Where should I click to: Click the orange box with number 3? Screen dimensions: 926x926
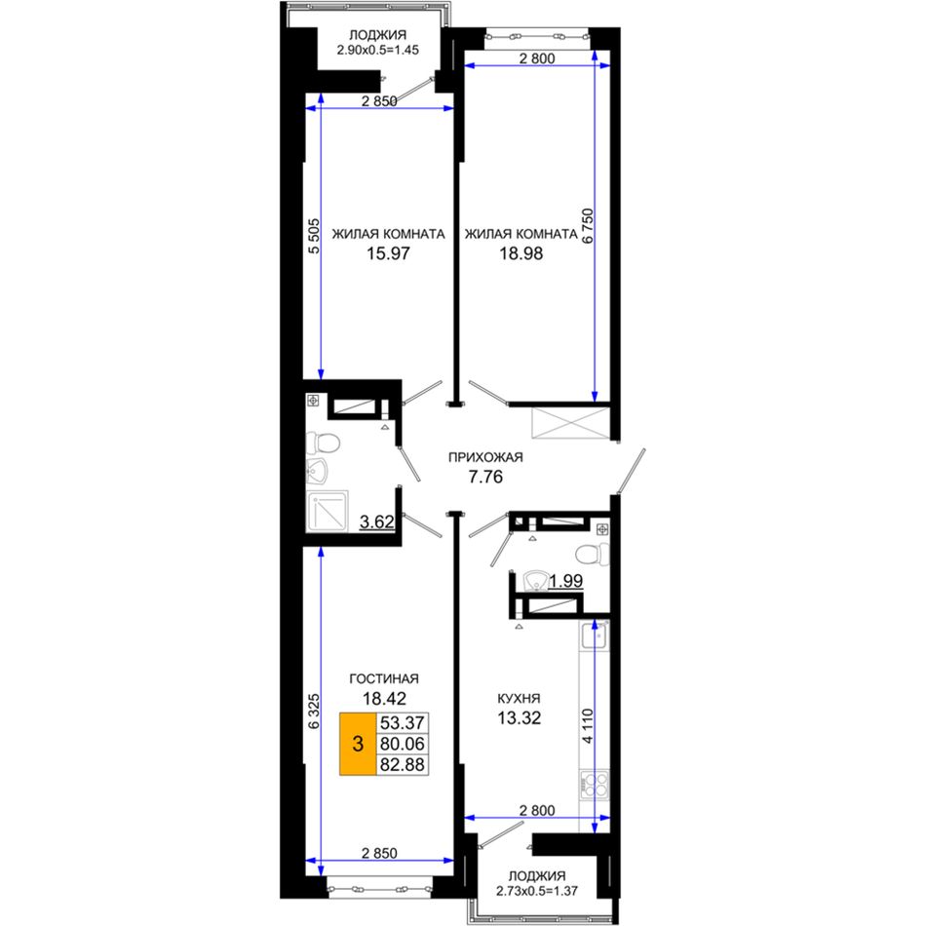click(x=358, y=744)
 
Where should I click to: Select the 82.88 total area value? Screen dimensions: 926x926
click(x=403, y=765)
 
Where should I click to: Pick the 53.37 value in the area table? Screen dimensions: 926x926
click(x=403, y=723)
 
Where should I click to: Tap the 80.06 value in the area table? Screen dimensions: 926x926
click(x=403, y=744)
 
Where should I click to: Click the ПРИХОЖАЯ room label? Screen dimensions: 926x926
click(x=485, y=457)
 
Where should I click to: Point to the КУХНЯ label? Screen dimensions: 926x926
click(x=519, y=699)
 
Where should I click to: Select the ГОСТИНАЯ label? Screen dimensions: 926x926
click(x=384, y=678)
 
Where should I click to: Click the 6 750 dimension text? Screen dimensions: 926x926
click(x=587, y=226)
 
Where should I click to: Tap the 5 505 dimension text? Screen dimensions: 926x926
click(x=314, y=236)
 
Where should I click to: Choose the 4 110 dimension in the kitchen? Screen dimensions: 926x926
click(x=587, y=726)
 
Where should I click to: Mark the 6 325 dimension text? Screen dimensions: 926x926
click(x=314, y=711)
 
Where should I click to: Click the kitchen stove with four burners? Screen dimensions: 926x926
click(x=595, y=785)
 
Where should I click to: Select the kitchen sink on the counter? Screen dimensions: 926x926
click(x=595, y=636)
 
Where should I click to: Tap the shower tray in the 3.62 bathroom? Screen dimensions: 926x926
click(x=328, y=510)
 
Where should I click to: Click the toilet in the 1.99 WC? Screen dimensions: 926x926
click(x=592, y=554)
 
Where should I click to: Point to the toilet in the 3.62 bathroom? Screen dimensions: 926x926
click(x=323, y=443)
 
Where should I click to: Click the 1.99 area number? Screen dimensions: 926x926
click(x=565, y=581)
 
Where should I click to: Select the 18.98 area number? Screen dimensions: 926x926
click(x=521, y=253)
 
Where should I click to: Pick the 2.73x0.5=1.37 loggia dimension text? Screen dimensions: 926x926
click(x=537, y=891)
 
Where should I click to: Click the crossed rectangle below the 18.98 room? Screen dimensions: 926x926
click(x=570, y=423)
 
